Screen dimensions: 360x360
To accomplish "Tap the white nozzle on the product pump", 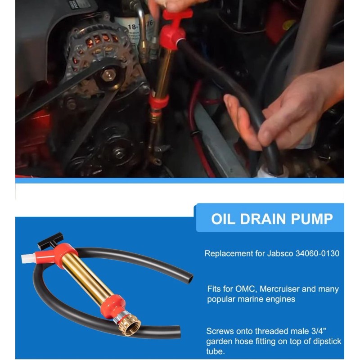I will [27, 258].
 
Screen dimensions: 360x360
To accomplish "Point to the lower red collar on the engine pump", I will [159, 101].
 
